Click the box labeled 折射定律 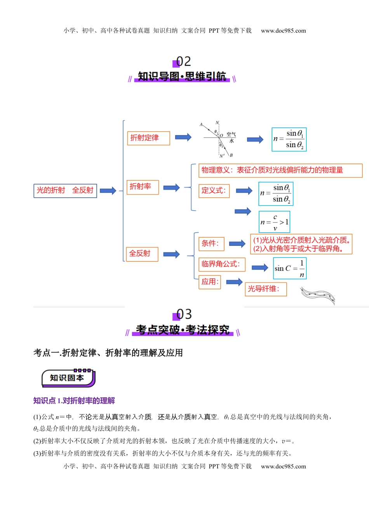click(148, 138)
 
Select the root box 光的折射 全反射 click(65, 190)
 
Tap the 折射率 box click(143, 187)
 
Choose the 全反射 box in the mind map click(142, 254)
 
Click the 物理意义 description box click(280, 170)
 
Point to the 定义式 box click(214, 190)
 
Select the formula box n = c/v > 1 click(274, 222)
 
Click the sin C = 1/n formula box click(290, 268)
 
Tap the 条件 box click(211, 244)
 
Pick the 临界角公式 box click(222, 264)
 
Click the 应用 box click(210, 282)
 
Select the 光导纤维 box click(266, 289)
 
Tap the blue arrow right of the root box click(108, 191)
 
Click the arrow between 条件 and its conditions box click(237, 244)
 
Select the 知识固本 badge click(68, 378)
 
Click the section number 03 click(184, 314)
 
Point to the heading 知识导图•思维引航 click(182, 77)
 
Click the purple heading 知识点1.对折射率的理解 click(74, 401)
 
